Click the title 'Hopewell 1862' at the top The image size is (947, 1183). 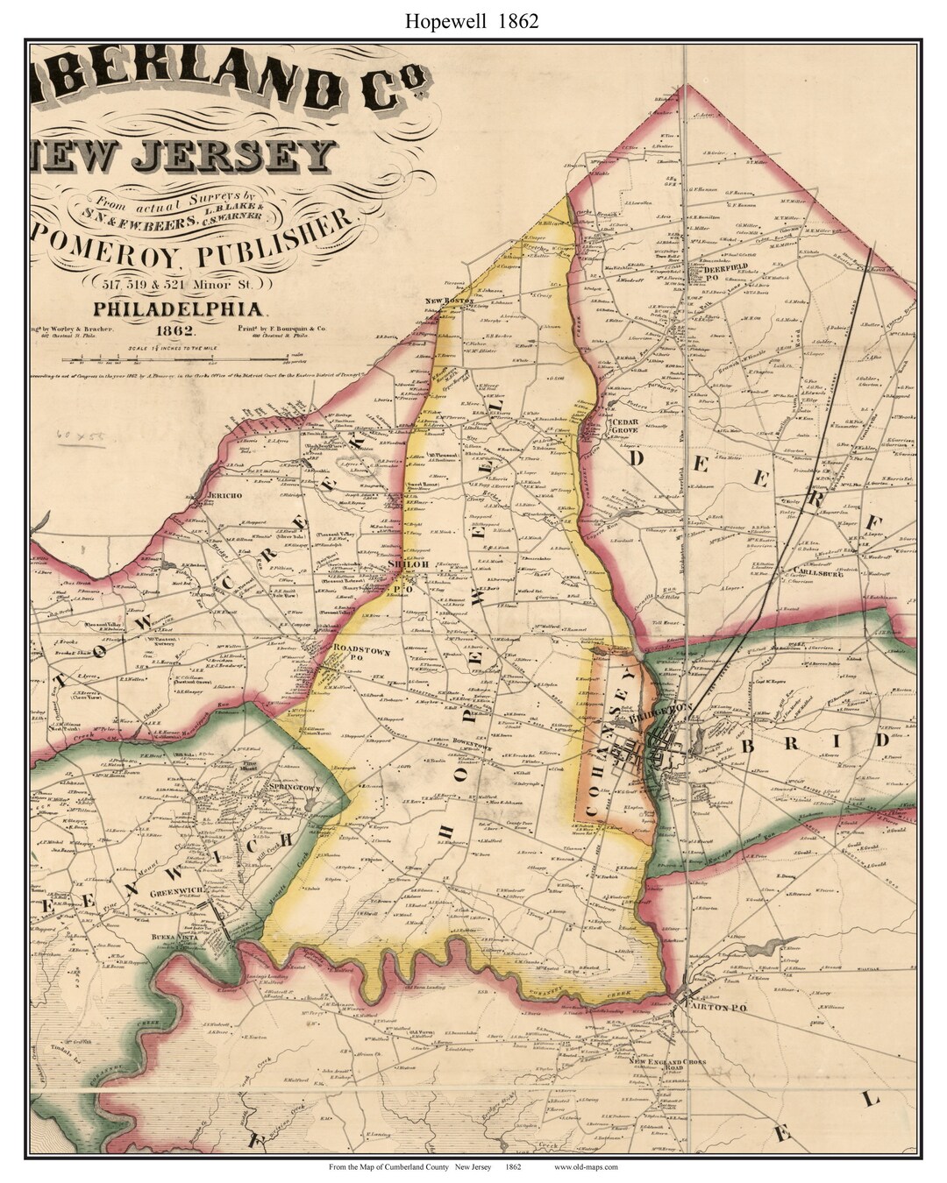pos(472,22)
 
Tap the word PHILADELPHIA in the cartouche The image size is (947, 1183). pos(179,308)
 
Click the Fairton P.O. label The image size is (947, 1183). pos(721,1009)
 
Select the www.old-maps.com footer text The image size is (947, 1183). pos(586,1166)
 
